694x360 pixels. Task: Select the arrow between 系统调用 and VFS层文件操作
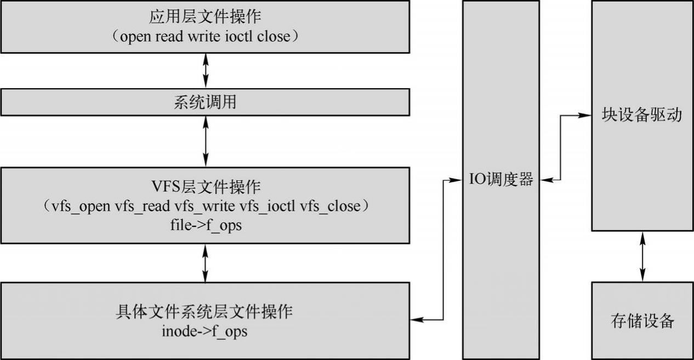(205, 141)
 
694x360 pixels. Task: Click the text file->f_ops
(205, 225)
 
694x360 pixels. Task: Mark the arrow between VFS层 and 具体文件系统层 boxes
(205, 263)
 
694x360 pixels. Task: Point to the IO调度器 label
(500, 179)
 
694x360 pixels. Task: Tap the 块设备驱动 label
(642, 116)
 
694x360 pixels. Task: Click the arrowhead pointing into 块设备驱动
(587, 116)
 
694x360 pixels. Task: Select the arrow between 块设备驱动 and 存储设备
(642, 256)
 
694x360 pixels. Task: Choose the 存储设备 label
(642, 321)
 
